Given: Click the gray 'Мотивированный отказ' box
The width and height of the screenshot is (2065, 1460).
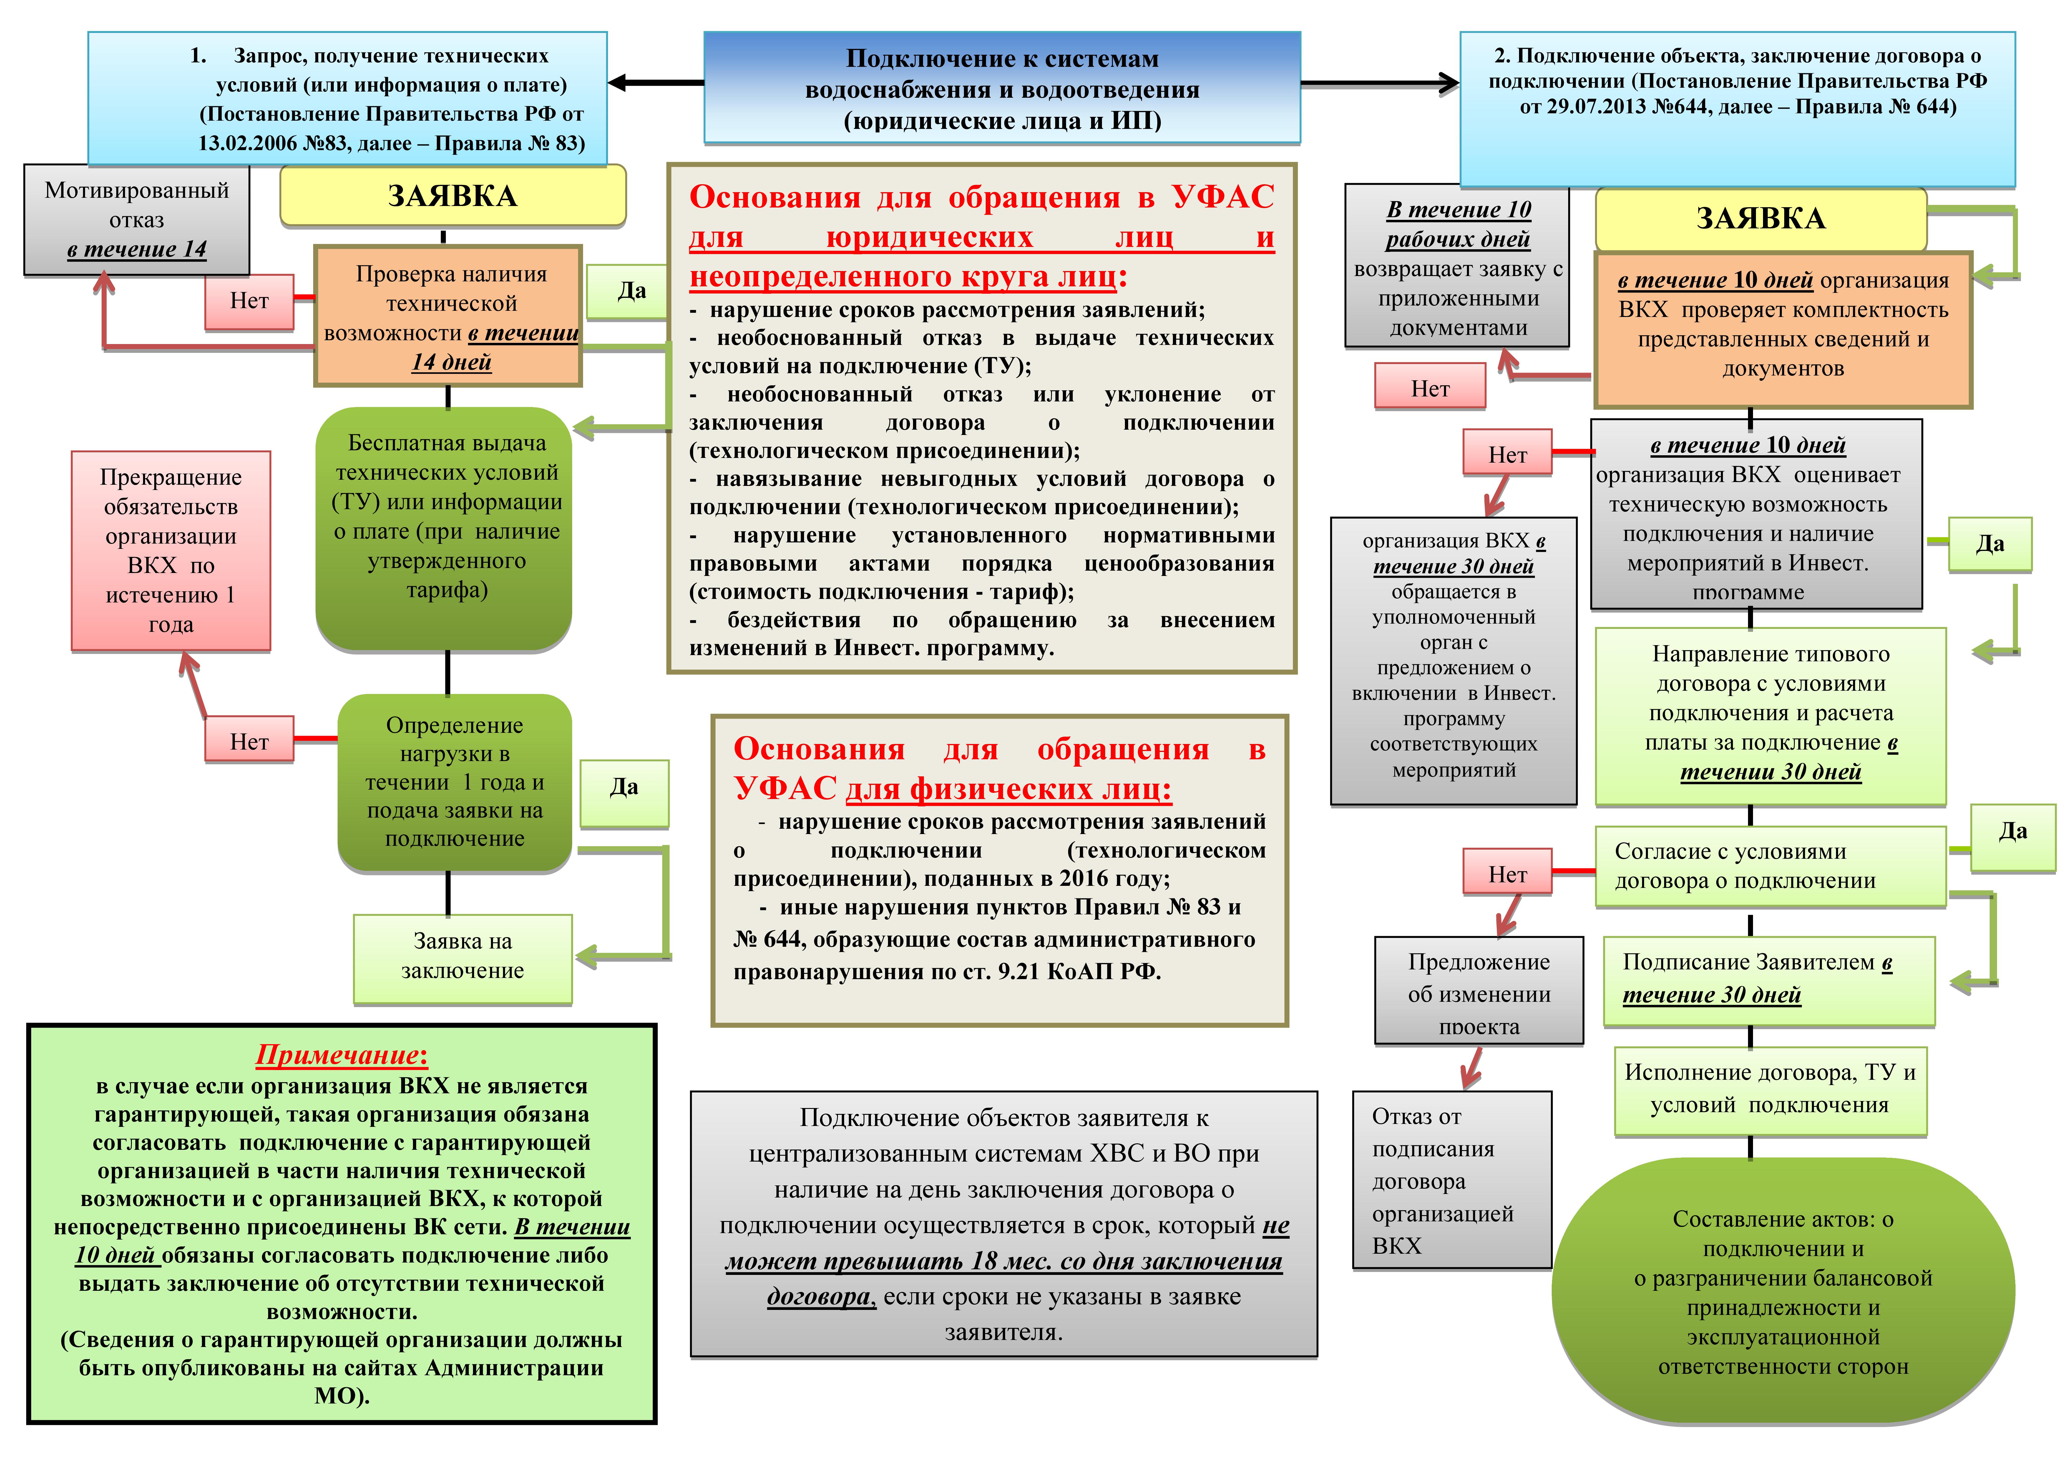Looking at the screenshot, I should [x=137, y=220].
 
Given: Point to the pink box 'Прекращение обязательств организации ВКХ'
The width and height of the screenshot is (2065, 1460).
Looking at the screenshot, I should [x=171, y=551].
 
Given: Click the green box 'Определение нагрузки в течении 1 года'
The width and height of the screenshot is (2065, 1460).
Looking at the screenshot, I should [x=454, y=782].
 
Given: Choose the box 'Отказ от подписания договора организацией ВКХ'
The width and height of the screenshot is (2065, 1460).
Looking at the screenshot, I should [x=1452, y=1180].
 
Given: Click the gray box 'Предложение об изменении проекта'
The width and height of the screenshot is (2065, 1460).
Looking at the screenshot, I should [x=1479, y=991].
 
